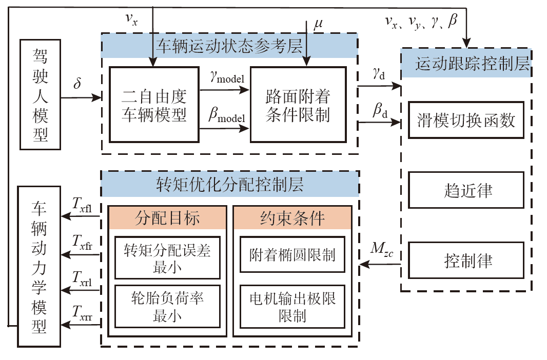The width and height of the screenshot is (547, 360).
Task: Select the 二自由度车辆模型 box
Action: pyautogui.click(x=153, y=105)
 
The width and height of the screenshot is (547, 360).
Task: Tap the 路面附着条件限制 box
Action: pyautogui.click(x=298, y=105)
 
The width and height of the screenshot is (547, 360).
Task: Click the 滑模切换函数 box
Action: pyautogui.click(x=466, y=120)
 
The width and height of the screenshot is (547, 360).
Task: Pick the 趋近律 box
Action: pyautogui.click(x=466, y=190)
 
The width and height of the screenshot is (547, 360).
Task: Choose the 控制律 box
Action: pyautogui.click(x=466, y=260)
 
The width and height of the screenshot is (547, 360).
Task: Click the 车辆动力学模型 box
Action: pyautogui.click(x=40, y=266)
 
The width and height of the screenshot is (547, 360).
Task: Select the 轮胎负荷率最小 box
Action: pyautogui.click(x=167, y=306)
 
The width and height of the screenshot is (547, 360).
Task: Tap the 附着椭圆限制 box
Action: pyautogui.click(x=292, y=254)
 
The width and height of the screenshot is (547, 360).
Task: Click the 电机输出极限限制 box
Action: pyautogui.click(x=292, y=306)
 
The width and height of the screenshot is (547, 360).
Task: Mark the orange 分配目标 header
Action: pyautogui.click(x=167, y=217)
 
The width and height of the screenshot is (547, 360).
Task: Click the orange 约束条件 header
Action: pyautogui.click(x=292, y=217)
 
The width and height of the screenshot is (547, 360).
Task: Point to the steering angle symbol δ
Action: pyautogui.click(x=77, y=84)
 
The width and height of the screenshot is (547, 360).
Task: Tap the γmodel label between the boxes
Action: pyautogui.click(x=226, y=77)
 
